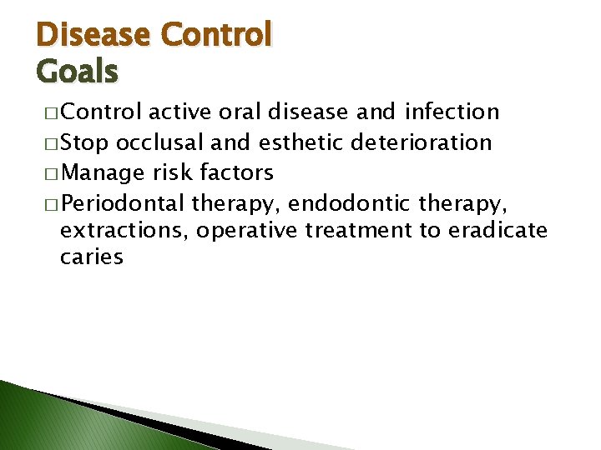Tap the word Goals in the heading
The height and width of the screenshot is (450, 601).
(78, 72)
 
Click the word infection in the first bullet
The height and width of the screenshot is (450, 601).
(452, 112)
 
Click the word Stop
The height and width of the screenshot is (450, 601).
(86, 142)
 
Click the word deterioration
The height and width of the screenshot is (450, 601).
(422, 142)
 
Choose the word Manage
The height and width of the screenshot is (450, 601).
(104, 173)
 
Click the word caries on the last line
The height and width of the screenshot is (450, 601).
(92, 257)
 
